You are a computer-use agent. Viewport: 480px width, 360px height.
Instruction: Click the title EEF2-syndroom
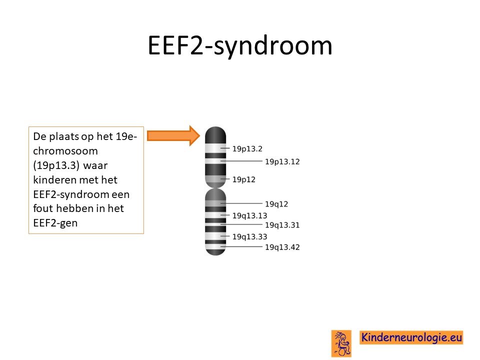[240, 45]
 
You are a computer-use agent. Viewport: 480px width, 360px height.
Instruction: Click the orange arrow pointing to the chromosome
[173, 135]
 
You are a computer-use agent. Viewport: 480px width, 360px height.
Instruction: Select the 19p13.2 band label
[247, 149]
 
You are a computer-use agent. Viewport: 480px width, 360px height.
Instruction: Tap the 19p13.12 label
[282, 161]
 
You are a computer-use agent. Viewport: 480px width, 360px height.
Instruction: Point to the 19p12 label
[243, 179]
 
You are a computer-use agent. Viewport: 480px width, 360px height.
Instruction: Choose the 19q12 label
[276, 204]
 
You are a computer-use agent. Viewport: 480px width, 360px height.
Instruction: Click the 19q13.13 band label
[250, 216]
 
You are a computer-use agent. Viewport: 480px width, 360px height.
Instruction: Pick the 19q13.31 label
[282, 225]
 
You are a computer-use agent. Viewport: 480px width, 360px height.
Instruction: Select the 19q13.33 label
[250, 236]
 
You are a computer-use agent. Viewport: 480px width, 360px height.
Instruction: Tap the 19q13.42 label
[282, 247]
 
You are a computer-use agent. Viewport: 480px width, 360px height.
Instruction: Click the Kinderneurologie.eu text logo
[411, 337]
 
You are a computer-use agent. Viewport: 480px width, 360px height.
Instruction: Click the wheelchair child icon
[341, 343]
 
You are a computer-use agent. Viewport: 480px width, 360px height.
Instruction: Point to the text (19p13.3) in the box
[56, 165]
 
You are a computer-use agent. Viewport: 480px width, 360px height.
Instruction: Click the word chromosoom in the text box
[65, 151]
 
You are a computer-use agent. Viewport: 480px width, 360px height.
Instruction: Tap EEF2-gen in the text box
[55, 223]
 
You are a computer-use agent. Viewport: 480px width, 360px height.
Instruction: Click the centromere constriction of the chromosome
[215, 187]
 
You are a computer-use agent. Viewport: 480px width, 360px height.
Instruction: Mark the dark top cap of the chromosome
[215, 134]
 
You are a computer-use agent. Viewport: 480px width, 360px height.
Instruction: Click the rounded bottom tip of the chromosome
[215, 252]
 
